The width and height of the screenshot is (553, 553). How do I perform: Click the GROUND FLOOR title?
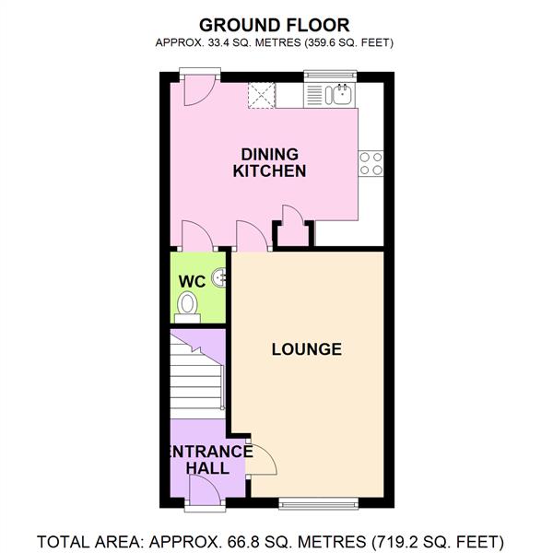[276, 24]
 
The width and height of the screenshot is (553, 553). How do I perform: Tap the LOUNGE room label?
[307, 349]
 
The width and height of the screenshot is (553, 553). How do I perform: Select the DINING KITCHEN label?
[269, 162]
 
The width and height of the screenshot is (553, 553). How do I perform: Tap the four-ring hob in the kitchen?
[371, 163]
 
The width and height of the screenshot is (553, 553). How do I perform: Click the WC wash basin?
[218, 276]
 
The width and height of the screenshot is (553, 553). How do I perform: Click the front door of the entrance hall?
[202, 494]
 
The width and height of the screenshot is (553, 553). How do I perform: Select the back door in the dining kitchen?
[197, 90]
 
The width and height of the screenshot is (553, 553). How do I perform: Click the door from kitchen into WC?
[197, 238]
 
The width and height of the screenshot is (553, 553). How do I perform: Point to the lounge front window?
[318, 503]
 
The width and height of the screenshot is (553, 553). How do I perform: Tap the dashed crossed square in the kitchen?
[262, 94]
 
